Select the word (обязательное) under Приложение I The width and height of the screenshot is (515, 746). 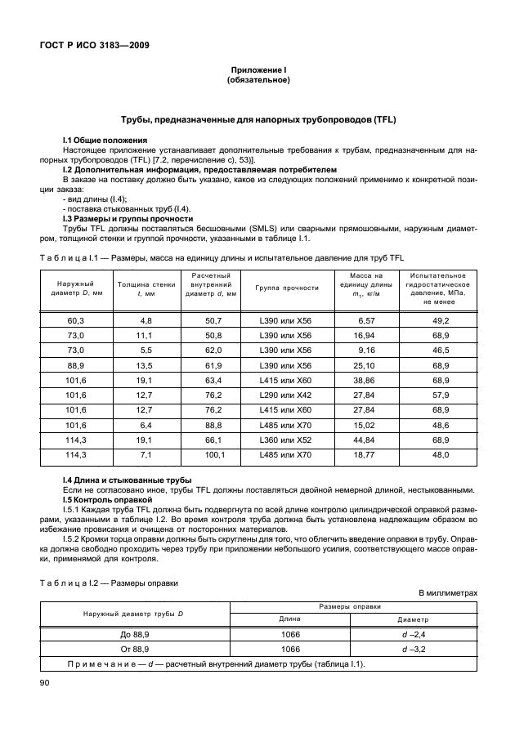tap(257, 81)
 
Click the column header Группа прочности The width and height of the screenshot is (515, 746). tap(286, 288)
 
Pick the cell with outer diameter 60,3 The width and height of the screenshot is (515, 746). tap(75, 321)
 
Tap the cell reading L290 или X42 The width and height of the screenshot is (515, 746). tap(285, 395)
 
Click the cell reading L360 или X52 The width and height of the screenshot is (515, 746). tap(285, 439)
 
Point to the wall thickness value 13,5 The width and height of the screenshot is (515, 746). tap(146, 365)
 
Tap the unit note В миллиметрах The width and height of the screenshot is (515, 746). tap(448, 592)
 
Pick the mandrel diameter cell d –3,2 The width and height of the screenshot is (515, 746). tap(415, 648)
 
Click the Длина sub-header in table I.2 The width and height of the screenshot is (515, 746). tap(293, 619)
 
